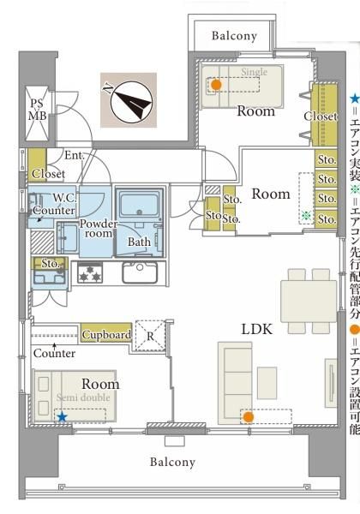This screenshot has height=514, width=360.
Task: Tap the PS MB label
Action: click(x=37, y=110)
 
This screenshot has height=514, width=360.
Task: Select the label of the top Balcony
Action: click(x=234, y=36)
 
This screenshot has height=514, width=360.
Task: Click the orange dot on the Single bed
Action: click(x=215, y=85)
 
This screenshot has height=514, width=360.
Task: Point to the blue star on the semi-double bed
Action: click(x=62, y=417)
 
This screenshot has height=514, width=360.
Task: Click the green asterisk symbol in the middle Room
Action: click(x=306, y=215)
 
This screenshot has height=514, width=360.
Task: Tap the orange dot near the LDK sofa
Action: click(x=249, y=417)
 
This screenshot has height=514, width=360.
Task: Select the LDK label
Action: click(x=257, y=329)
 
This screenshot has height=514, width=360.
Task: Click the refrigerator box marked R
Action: click(x=150, y=335)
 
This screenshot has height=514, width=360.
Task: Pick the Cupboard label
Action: click(x=106, y=334)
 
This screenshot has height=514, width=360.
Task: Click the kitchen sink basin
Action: click(x=140, y=272)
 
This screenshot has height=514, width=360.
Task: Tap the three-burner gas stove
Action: click(x=90, y=272)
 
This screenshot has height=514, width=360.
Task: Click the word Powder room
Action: click(x=99, y=229)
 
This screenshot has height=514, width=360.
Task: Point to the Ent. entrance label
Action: click(x=75, y=155)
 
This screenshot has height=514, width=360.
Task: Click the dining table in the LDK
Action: click(x=309, y=301)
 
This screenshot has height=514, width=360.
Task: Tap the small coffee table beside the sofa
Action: click(x=267, y=383)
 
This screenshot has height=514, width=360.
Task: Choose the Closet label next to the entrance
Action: click(x=48, y=174)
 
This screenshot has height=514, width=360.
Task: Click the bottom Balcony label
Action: click(x=172, y=462)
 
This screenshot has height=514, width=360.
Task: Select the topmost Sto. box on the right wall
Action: click(x=327, y=159)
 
